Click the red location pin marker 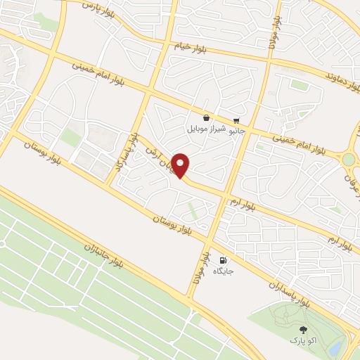point(181,165)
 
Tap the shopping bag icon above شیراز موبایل point(205,118)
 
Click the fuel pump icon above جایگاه point(224,259)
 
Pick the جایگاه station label point(224,270)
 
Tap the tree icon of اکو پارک point(304,329)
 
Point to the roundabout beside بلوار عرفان point(349,160)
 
